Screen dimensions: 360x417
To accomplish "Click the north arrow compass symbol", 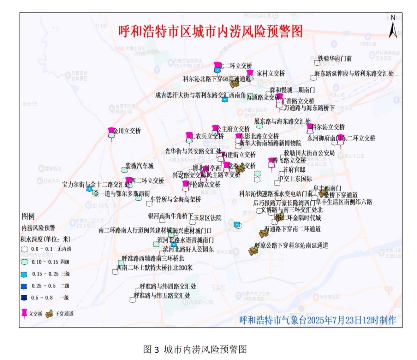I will tap(393, 27).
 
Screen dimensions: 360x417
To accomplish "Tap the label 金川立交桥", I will tap(127, 131).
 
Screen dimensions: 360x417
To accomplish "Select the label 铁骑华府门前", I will tap(335, 59).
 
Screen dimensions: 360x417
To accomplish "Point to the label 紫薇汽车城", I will tap(139, 166).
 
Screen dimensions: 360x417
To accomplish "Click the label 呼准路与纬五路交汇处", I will tap(162, 296).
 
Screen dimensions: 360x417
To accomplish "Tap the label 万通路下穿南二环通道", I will tap(292, 229).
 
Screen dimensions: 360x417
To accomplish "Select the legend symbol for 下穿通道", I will tap(49, 314).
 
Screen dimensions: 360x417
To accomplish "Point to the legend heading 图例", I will tap(29, 216).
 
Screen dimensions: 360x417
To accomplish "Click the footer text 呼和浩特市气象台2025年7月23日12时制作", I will tap(317, 320).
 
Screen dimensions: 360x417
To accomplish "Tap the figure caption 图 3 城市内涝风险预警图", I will tap(195, 350).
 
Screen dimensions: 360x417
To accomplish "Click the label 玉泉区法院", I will tap(207, 218).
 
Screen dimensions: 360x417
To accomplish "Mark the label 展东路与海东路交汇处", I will tap(283, 121).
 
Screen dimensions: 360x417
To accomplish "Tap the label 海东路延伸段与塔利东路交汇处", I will tap(354, 73).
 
